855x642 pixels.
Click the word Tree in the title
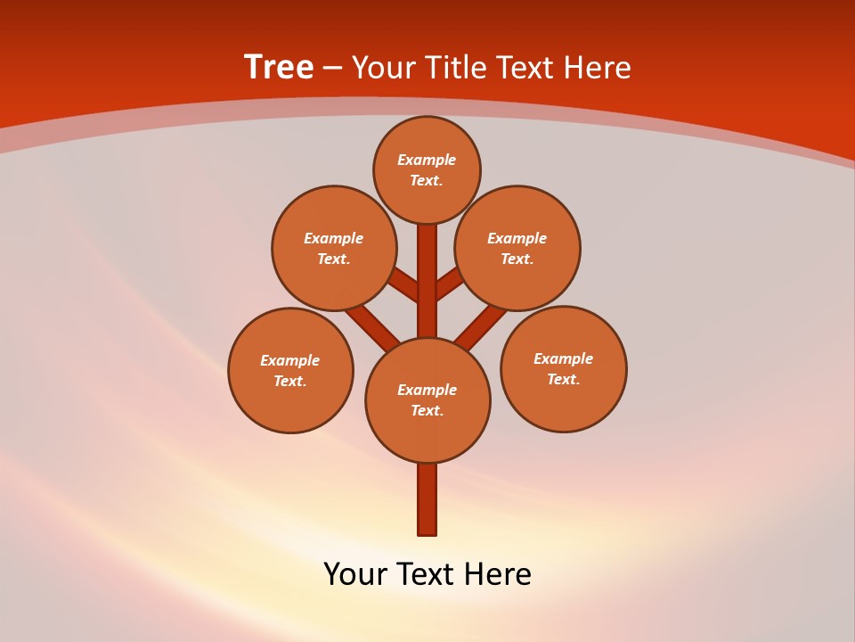[x=279, y=67]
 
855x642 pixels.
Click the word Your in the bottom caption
[x=355, y=574]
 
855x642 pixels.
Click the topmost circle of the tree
[x=427, y=169]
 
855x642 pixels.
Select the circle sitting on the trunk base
[x=427, y=400]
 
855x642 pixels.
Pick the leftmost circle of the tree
[x=290, y=370]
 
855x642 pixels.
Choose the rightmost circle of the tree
[x=563, y=368]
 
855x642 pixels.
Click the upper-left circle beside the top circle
[x=334, y=248]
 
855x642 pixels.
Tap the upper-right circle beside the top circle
[x=517, y=248]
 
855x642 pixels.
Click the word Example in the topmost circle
[x=427, y=160]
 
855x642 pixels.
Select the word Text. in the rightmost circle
[x=563, y=379]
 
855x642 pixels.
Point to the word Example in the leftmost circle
[x=290, y=360]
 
